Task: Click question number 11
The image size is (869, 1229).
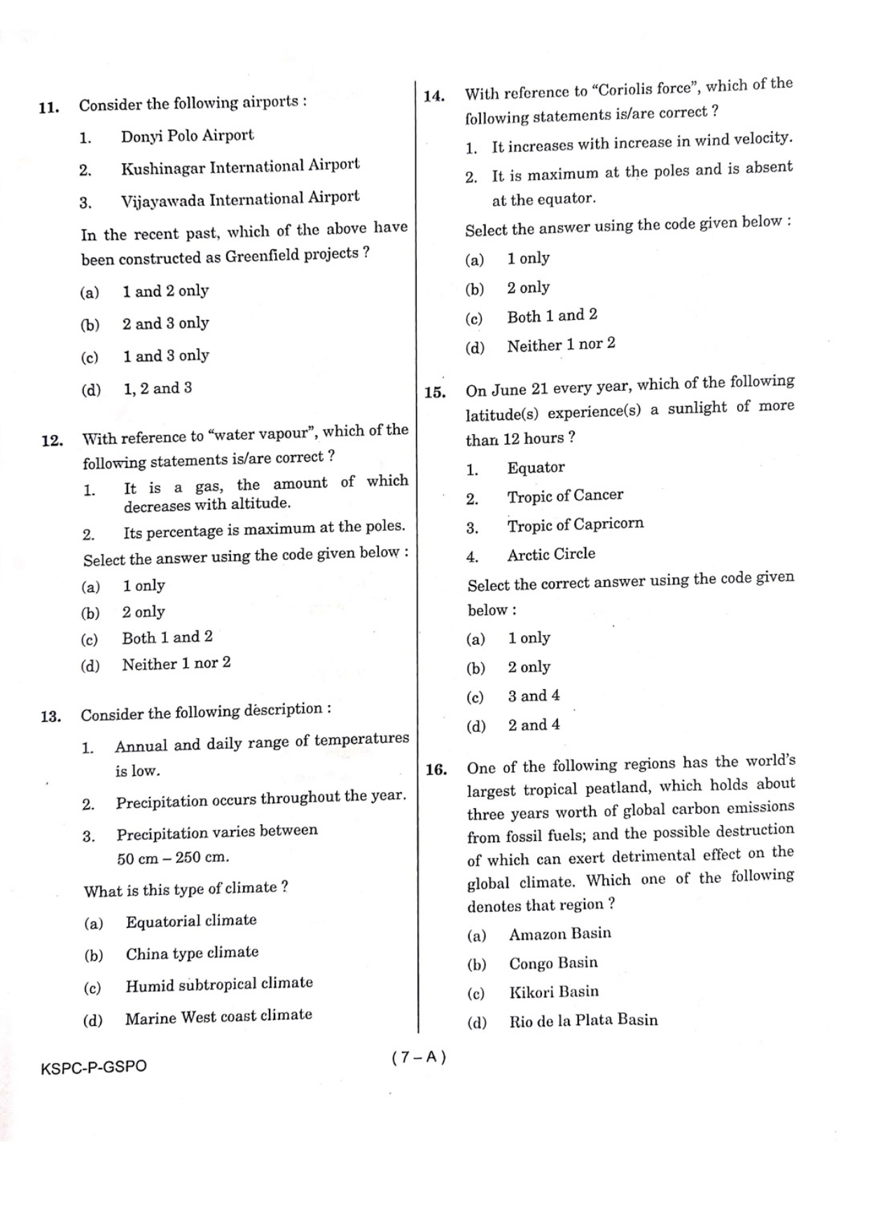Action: coord(48,108)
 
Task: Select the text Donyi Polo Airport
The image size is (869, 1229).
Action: coord(187,135)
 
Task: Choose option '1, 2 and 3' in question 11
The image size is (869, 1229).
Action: coord(158,388)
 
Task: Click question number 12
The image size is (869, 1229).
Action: coord(52,440)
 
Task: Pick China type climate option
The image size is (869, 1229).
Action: coord(192,953)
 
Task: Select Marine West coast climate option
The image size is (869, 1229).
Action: coord(218,1017)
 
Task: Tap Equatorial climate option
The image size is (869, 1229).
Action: coord(191,921)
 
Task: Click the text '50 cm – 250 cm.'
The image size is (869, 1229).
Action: coord(173,858)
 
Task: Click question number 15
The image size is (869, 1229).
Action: coord(435,392)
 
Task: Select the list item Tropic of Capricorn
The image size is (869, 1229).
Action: coord(575,525)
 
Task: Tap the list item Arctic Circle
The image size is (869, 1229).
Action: coord(551,554)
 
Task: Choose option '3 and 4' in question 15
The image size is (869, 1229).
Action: coord(534,696)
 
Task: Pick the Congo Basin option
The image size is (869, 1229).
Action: coord(553,963)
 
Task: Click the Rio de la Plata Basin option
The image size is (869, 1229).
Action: coord(583,1020)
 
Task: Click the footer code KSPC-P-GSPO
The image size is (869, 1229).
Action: coord(94,1067)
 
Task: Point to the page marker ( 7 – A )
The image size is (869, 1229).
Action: coord(419,1057)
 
